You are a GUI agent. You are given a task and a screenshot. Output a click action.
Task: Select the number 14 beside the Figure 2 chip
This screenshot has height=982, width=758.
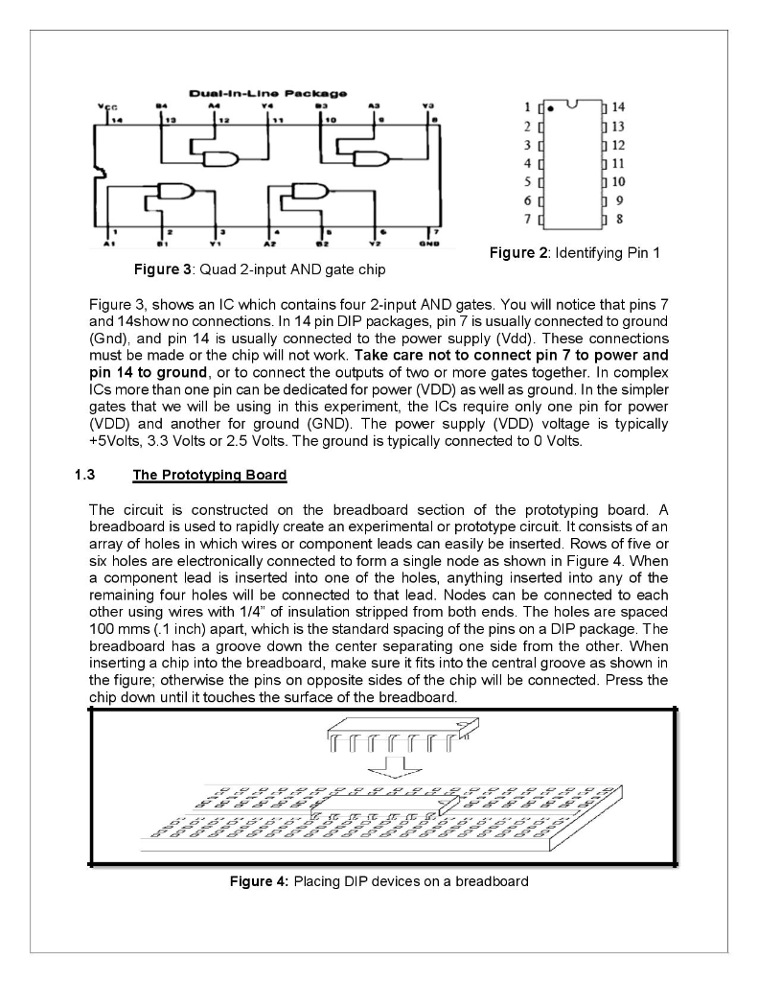point(618,107)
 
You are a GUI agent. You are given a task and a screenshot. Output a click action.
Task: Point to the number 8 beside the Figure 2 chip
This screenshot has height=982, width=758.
point(619,220)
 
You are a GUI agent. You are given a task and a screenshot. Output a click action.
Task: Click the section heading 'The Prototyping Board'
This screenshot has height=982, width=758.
point(209,475)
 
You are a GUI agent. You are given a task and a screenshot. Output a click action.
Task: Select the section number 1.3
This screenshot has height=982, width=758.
point(83,475)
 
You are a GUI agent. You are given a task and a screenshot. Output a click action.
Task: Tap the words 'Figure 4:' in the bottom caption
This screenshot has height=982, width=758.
point(259,880)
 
